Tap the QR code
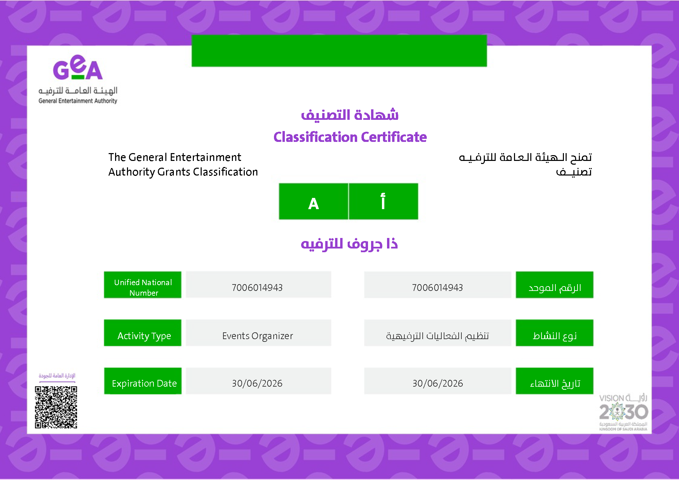[56, 407]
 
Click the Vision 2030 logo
[623, 412]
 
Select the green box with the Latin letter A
[313, 201]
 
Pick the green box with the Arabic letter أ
[383, 201]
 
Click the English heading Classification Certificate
[350, 137]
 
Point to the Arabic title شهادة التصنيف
[350, 115]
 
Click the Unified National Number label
[143, 285]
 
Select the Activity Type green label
[143, 333]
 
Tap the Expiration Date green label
[143, 381]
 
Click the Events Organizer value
[258, 336]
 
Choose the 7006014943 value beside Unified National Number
[257, 288]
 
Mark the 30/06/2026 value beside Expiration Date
[257, 383]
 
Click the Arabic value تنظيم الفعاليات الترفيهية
[438, 336]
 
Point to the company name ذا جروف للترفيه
[349, 244]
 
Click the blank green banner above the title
[339, 51]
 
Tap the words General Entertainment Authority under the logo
[78, 101]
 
